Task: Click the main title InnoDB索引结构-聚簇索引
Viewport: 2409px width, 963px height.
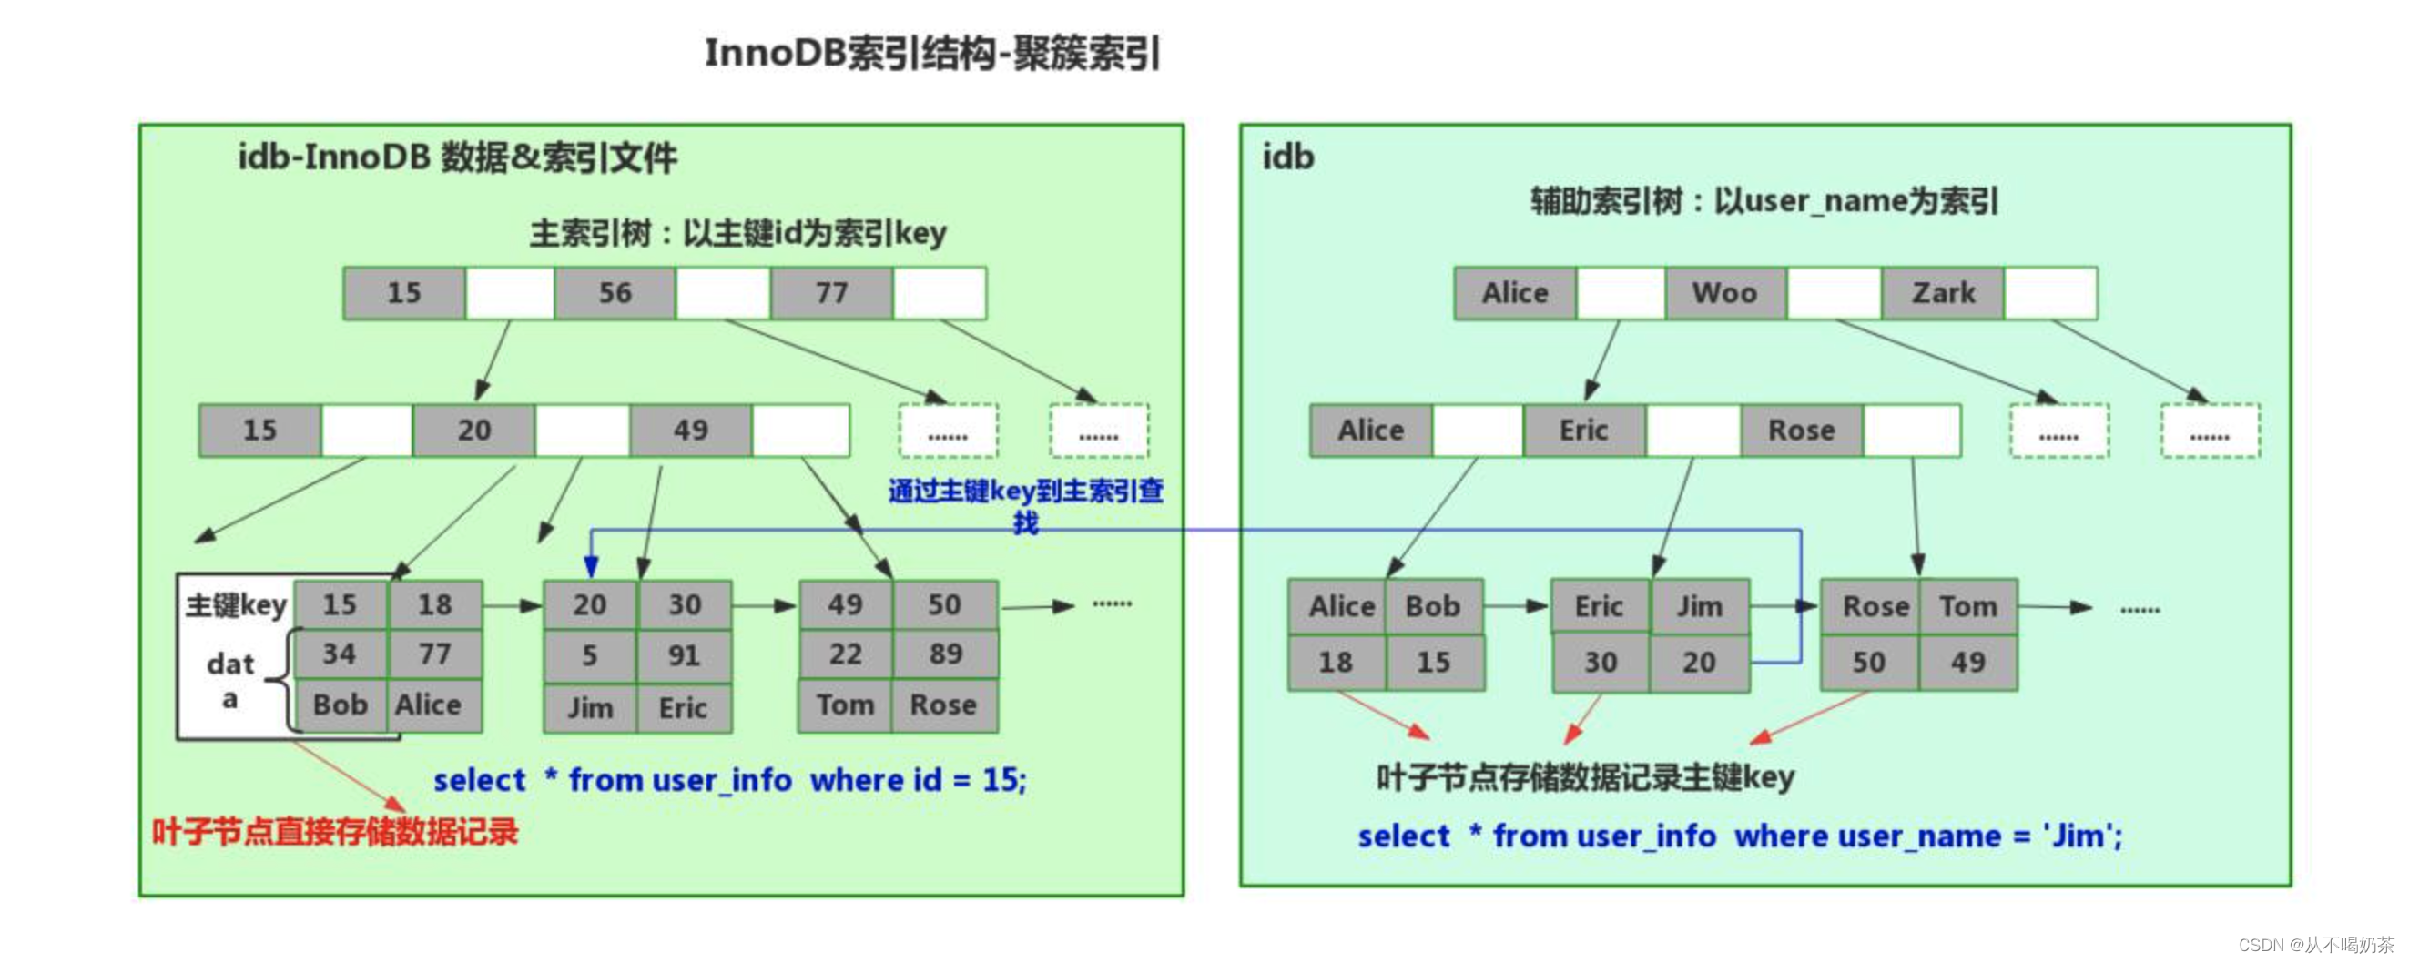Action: [x=931, y=54]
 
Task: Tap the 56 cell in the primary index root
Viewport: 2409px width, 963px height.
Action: [x=615, y=294]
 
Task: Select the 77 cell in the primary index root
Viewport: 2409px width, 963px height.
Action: [x=830, y=294]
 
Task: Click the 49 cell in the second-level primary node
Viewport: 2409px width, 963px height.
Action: [x=690, y=431]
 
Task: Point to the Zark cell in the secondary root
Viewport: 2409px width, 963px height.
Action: [x=1942, y=294]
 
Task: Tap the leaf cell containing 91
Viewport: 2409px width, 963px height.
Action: [x=684, y=655]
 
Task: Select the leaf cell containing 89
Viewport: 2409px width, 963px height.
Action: [x=944, y=654]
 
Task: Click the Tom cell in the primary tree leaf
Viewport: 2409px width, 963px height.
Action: [x=845, y=705]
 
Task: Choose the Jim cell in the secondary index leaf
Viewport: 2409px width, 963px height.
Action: [x=1698, y=607]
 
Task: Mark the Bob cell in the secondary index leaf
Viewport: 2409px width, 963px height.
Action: [x=1432, y=607]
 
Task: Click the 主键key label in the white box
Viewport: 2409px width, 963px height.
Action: [x=236, y=605]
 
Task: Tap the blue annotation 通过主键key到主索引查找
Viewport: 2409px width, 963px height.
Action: [x=1025, y=505]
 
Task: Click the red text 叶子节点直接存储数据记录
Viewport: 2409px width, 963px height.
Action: [x=335, y=831]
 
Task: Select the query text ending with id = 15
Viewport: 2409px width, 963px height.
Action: [x=729, y=780]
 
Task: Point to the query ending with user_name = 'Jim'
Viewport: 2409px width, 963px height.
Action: [x=1740, y=835]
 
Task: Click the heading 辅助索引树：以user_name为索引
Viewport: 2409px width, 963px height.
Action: [x=1763, y=201]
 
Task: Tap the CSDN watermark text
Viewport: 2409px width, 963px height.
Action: [x=2315, y=945]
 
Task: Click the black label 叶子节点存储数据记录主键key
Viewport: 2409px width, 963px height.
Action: [x=1584, y=777]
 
